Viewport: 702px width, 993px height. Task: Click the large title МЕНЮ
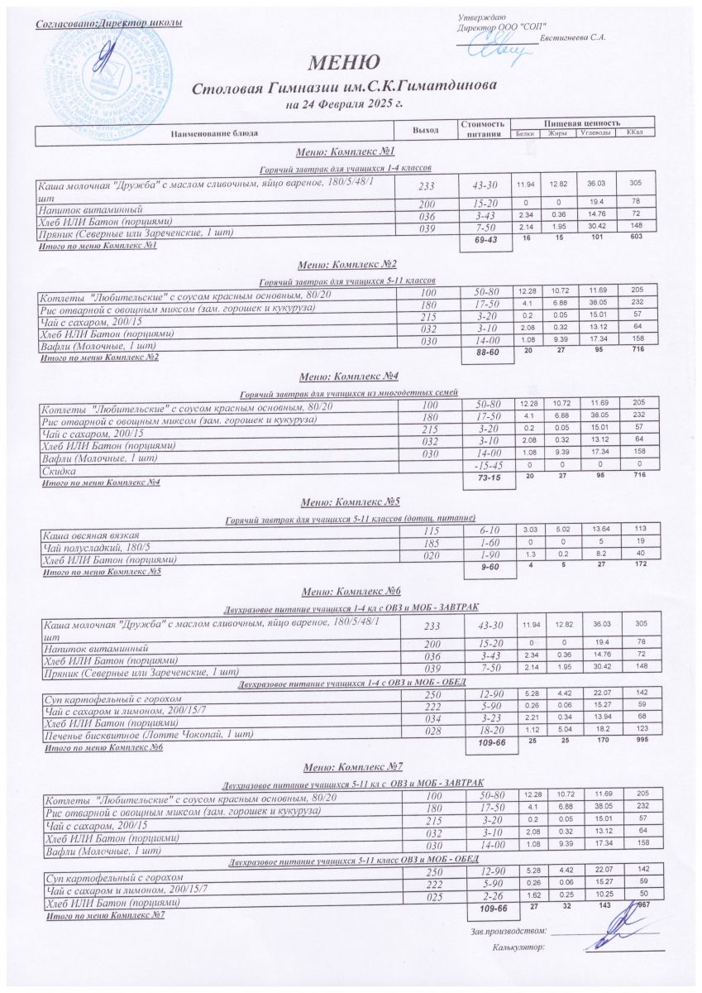click(345, 62)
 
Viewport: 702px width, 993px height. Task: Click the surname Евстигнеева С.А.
click(573, 38)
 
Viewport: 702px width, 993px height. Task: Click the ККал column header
click(635, 132)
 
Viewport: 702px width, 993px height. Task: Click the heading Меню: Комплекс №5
click(351, 501)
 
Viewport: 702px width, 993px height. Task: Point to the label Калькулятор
click(518, 947)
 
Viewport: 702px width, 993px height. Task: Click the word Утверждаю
click(476, 18)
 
